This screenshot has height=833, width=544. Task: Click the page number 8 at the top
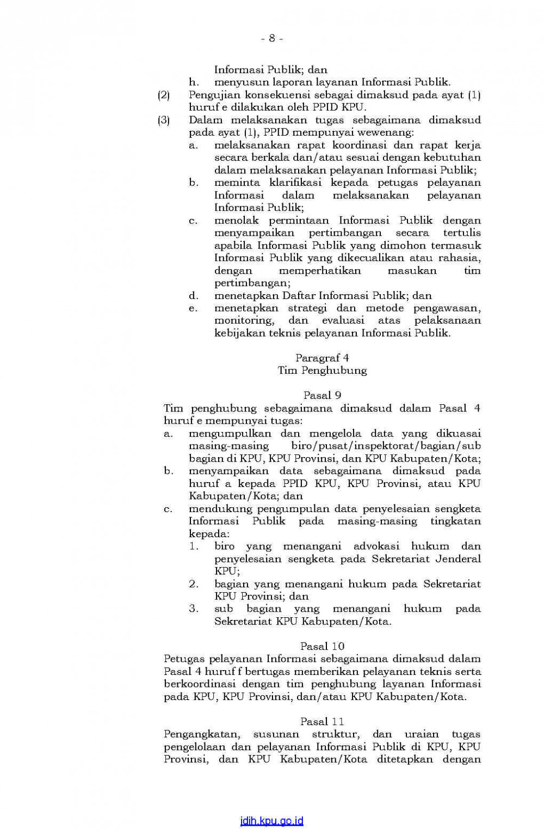click(272, 38)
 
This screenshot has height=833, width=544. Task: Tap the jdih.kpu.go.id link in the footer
click(271, 821)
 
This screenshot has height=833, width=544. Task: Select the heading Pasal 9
click(322, 395)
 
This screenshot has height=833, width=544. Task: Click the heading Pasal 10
click(322, 646)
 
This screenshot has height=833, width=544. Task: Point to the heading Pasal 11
click(322, 721)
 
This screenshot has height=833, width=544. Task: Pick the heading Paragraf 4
click(322, 357)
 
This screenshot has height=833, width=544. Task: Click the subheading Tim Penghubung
click(322, 370)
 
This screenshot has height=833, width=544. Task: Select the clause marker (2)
click(164, 95)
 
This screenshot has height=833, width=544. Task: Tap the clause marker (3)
click(164, 120)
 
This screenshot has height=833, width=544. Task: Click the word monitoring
click(244, 320)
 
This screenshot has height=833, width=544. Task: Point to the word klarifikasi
click(295, 183)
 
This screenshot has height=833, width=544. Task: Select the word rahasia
click(459, 258)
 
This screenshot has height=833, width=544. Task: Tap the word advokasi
click(376, 546)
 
